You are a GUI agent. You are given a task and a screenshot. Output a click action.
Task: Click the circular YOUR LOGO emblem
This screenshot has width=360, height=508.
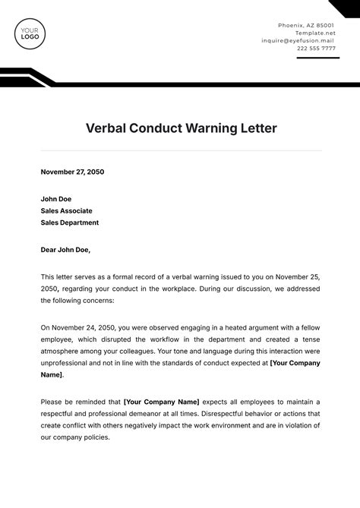[x=31, y=33]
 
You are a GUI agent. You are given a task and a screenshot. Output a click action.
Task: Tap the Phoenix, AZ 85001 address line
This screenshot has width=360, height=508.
[x=307, y=25]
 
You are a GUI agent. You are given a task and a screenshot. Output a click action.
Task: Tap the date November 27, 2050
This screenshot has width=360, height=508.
[x=72, y=172]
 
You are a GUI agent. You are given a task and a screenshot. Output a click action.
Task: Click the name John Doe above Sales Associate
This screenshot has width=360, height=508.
[x=56, y=198]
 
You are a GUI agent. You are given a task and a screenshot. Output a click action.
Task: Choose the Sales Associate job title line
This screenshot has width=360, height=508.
[x=67, y=210]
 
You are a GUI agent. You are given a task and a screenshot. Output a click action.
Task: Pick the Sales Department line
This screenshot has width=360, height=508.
[x=70, y=222]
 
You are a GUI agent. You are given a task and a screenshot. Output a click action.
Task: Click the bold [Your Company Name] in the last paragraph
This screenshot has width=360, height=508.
[x=161, y=401]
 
